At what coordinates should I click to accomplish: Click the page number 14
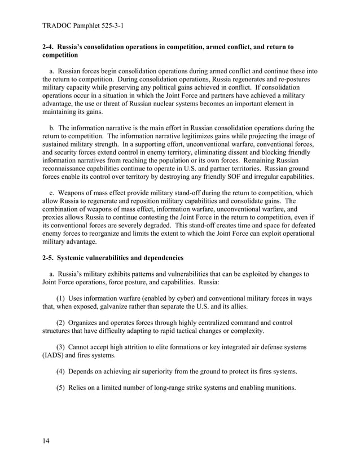[x=46, y=441]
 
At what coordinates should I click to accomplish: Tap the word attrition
[x=144, y=348]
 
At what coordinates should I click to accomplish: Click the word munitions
[x=276, y=389]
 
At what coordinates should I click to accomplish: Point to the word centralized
[x=223, y=323]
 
